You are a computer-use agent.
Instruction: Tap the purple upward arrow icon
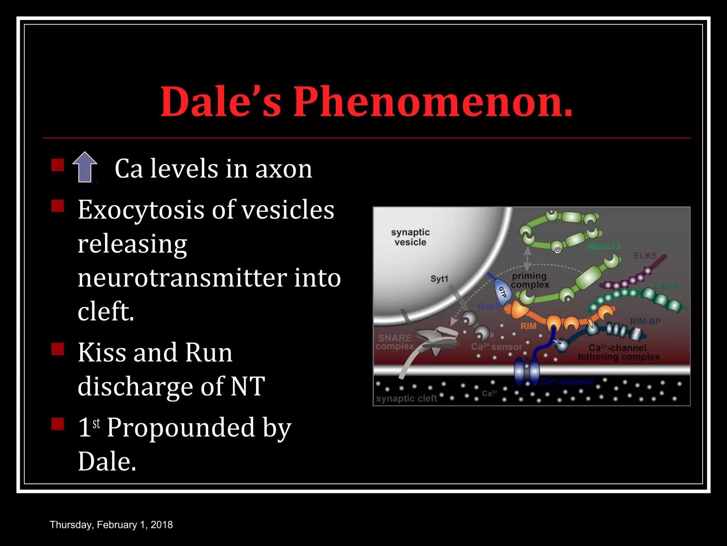point(85,167)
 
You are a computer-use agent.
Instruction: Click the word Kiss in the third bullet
point(102,353)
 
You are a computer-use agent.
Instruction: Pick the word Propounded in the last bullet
point(181,427)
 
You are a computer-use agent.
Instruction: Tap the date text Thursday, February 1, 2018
point(111,525)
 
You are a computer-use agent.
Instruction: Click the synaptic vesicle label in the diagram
point(410,237)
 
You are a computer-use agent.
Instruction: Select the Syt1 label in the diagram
point(439,279)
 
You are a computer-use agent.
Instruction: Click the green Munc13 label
point(604,246)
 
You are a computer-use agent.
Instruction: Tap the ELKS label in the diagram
point(645,256)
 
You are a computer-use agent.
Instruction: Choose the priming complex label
point(530,280)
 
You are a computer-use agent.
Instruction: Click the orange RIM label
point(528,326)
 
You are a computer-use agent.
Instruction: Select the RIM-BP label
point(645,321)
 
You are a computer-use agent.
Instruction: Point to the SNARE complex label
point(395,342)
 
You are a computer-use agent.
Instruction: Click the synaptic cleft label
point(406,398)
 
